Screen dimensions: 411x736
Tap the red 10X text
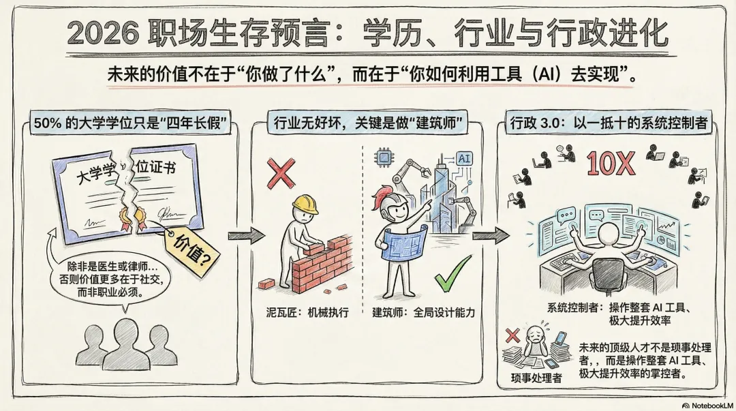click(x=611, y=164)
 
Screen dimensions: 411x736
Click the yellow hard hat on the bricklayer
click(x=305, y=204)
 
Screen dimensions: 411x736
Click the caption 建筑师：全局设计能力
click(x=423, y=313)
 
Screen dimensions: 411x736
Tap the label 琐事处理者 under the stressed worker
click(x=536, y=377)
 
